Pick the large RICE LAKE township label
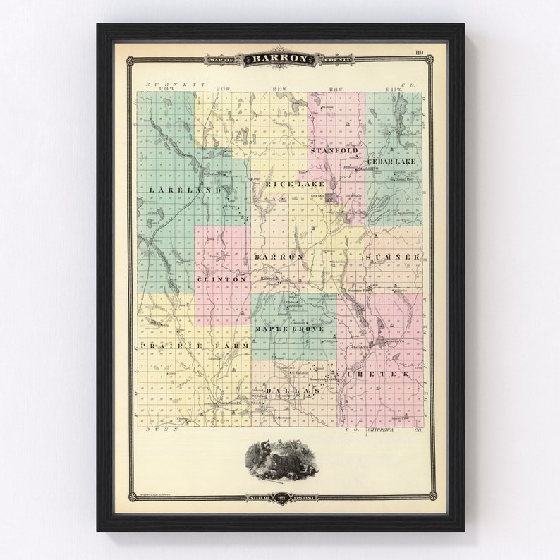pyautogui.click(x=285, y=184)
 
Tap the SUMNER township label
pyautogui.click(x=394, y=257)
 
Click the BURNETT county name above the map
pyautogui.click(x=171, y=84)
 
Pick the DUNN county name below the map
pyautogui.click(x=155, y=429)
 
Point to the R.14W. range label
pyautogui.click(x=166, y=90)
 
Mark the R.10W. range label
pyautogui.click(x=393, y=90)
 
